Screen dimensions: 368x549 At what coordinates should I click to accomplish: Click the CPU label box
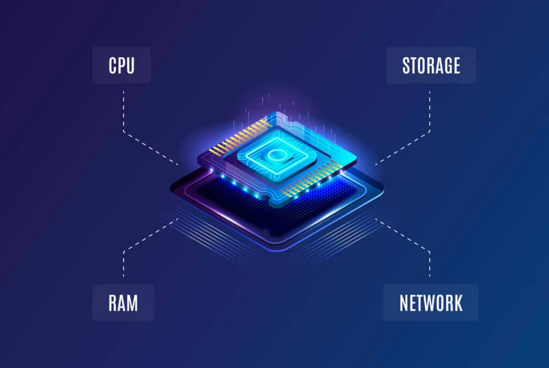[x=121, y=65]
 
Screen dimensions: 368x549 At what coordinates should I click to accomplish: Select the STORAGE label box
[x=431, y=65]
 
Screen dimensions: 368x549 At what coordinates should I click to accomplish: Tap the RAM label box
[x=123, y=303]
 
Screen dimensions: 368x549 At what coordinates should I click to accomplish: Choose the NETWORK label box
[x=431, y=303]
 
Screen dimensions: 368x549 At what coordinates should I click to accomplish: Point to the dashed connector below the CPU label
[x=124, y=112]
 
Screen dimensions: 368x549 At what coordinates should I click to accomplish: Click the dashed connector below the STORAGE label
[x=429, y=112]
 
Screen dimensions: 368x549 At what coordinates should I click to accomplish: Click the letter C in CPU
[x=113, y=65]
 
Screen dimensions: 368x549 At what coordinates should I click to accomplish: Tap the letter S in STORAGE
[x=406, y=65]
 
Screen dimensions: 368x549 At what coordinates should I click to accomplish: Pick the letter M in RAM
[x=132, y=303]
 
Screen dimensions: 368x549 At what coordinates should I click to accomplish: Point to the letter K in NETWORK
[x=457, y=303]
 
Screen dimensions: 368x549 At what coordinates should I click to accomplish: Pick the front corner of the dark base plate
[x=274, y=248]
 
